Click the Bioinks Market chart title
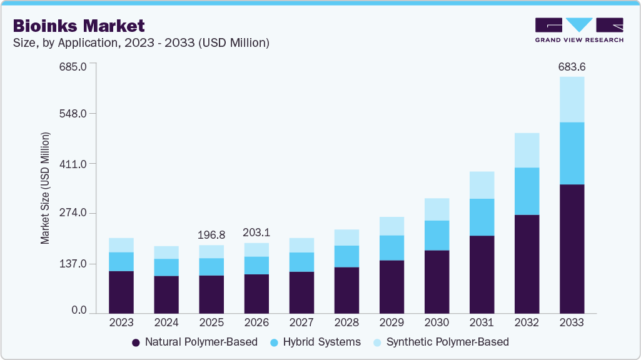pyautogui.click(x=79, y=26)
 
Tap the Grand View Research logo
pyautogui.click(x=578, y=29)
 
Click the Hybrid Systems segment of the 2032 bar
pyautogui.click(x=527, y=191)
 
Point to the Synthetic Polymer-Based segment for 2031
pyautogui.click(x=482, y=185)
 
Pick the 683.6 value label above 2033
pyautogui.click(x=572, y=67)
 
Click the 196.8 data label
pyautogui.click(x=211, y=235)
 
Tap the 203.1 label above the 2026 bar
pyautogui.click(x=256, y=232)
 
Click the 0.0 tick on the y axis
pyautogui.click(x=78, y=311)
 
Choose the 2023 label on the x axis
pyautogui.click(x=121, y=323)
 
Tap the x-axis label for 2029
pyautogui.click(x=391, y=323)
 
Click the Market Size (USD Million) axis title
pyautogui.click(x=45, y=188)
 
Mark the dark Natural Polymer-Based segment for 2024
pyautogui.click(x=166, y=294)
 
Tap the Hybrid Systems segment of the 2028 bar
pyautogui.click(x=346, y=256)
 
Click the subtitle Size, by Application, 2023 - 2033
pyautogui.click(x=141, y=43)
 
